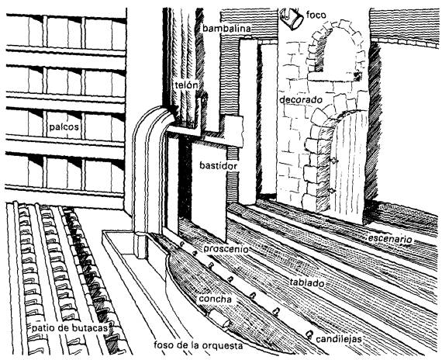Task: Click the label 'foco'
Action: tap(316, 15)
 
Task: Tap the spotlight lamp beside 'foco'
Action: tap(292, 18)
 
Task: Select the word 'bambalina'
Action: tap(226, 29)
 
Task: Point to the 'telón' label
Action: tap(186, 85)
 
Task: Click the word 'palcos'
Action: tap(64, 127)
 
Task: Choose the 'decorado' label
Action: tap(301, 100)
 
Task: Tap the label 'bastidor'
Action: tap(218, 165)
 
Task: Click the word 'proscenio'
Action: tap(226, 249)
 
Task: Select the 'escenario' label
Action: tap(390, 239)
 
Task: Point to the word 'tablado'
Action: tap(307, 282)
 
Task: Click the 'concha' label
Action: tap(216, 299)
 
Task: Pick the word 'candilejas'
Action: tap(339, 339)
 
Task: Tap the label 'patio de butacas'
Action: tap(70, 328)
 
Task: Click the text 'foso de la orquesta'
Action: tap(199, 345)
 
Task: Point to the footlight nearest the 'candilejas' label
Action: tap(309, 334)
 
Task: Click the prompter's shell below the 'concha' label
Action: tap(219, 318)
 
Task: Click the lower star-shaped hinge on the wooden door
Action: tap(333, 191)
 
